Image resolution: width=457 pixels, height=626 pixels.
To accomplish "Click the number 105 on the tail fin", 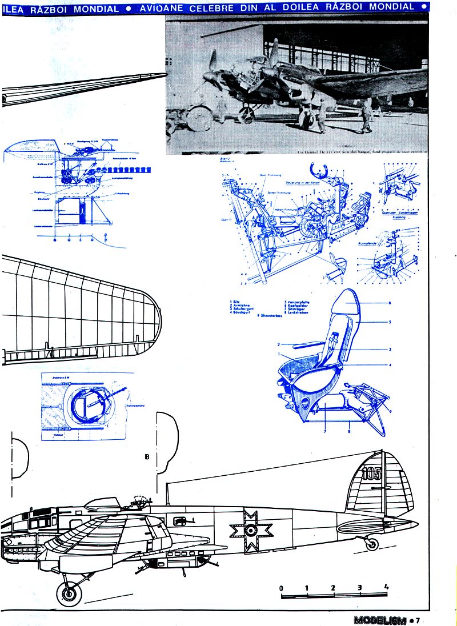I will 371,473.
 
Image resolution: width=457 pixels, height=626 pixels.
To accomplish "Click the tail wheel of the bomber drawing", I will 372,543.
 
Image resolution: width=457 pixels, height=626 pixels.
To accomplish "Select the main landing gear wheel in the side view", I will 69,593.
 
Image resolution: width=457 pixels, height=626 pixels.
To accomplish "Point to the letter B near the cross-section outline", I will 147,457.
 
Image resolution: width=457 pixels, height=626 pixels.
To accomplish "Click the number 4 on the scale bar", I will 387,587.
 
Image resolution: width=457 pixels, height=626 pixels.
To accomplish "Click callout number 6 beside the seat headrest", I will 389,302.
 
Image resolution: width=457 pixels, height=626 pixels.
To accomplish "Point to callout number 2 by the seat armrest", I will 278,344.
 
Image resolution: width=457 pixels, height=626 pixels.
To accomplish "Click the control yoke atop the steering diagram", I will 318,171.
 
